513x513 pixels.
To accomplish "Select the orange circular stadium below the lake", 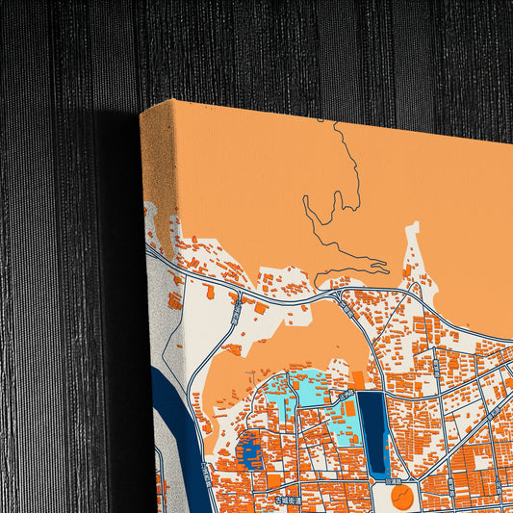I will (x=402, y=497).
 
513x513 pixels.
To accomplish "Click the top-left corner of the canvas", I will (x=141, y=113).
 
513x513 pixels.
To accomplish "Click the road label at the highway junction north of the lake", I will (x=345, y=305).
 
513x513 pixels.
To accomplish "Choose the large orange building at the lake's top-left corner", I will (x=357, y=380).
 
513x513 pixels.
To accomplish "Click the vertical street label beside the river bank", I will (x=206, y=473).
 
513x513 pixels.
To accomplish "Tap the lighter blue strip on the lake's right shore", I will (x=387, y=439).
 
